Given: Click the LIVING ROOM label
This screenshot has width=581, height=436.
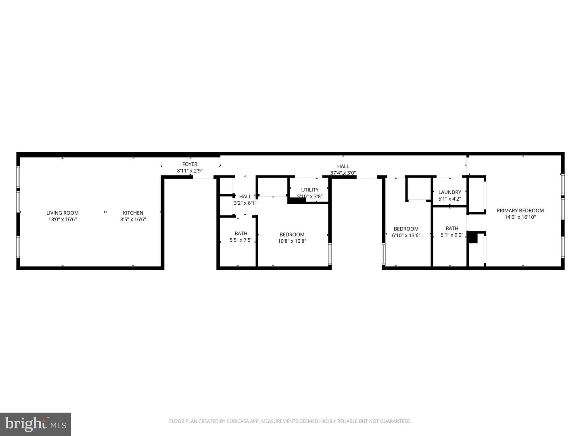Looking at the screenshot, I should (x=62, y=213).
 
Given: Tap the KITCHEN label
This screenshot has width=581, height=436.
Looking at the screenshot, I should (x=133, y=213).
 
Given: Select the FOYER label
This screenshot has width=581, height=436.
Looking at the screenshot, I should (x=190, y=164).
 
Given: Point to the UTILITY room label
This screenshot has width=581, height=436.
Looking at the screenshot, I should (x=309, y=190).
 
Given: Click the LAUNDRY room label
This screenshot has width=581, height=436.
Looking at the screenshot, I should (x=449, y=192).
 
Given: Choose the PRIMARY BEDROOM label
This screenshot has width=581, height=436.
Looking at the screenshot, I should (x=520, y=210).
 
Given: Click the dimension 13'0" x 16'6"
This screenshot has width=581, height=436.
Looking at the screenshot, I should (x=62, y=220).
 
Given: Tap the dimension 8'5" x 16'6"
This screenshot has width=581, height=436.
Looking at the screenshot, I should (x=133, y=220).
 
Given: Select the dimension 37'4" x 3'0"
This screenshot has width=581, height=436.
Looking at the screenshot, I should (x=343, y=173).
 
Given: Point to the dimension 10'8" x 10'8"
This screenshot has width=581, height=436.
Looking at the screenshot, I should (x=292, y=241).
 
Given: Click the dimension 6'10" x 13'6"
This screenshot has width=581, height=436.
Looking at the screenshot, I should (x=406, y=235).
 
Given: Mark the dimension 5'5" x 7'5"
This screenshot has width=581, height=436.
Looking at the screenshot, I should (x=241, y=240).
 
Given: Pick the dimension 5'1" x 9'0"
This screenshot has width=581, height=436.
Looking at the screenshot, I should (x=451, y=235).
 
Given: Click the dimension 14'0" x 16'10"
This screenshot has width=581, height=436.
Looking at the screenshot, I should (x=520, y=217).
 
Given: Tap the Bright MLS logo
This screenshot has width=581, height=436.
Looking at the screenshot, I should (x=36, y=424).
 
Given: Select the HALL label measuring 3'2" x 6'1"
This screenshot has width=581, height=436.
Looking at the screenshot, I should (x=245, y=196).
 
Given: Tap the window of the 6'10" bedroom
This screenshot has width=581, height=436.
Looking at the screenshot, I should (x=383, y=254).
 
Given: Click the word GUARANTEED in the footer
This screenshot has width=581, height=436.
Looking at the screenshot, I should (x=396, y=421).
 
